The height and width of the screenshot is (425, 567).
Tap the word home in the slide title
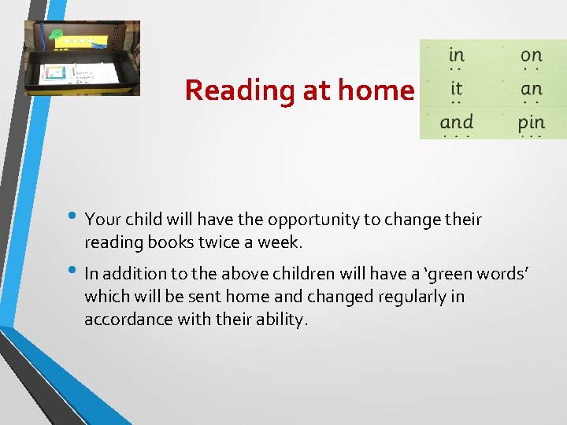click(376, 91)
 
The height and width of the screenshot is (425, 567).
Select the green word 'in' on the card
click(456, 55)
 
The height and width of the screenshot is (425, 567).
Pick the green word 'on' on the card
click(532, 55)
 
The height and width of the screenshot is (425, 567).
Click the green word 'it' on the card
click(456, 88)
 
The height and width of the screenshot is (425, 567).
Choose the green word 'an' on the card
click(532, 89)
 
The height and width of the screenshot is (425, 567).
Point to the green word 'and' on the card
click(457, 122)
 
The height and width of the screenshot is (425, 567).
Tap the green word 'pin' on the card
click(532, 123)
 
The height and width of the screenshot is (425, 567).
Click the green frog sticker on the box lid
click(55, 35)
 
